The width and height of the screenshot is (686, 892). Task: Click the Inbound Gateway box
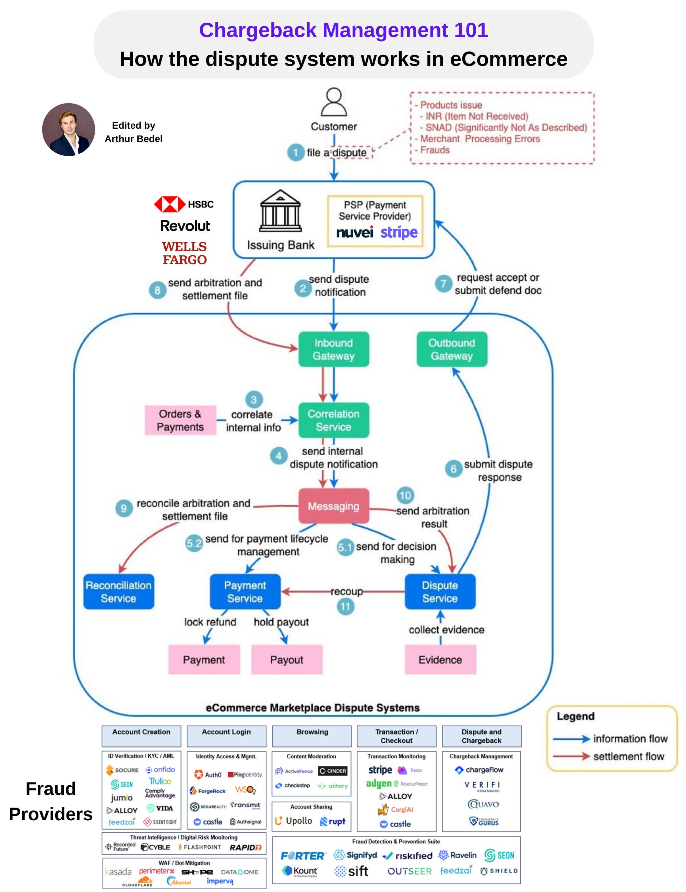click(334, 349)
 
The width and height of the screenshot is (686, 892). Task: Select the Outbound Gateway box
click(452, 349)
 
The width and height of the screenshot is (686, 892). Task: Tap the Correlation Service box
click(334, 420)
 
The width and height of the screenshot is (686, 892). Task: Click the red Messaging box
click(334, 506)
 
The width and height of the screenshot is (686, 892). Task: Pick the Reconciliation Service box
click(118, 592)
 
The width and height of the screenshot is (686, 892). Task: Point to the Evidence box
click(440, 660)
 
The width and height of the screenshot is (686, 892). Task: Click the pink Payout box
click(287, 660)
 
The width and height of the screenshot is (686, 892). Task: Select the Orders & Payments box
click(180, 420)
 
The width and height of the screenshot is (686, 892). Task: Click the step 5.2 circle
click(194, 543)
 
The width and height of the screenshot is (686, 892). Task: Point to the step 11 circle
click(345, 607)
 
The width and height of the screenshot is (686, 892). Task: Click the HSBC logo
click(184, 204)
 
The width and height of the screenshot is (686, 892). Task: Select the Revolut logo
click(185, 226)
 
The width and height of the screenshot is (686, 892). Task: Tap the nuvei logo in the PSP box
click(354, 233)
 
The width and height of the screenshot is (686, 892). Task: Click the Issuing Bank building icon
click(281, 211)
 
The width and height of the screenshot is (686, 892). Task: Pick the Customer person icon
click(334, 102)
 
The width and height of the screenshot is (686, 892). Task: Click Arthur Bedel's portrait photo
click(69, 129)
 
